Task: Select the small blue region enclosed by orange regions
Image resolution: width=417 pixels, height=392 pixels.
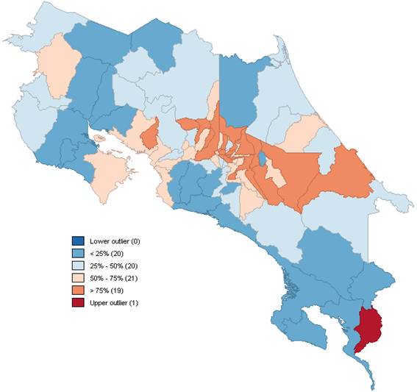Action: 262,160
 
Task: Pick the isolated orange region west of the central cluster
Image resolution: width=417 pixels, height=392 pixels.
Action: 149,135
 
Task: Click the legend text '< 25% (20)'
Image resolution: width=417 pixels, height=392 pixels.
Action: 108,254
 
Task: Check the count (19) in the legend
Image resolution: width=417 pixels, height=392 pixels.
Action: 120,291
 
